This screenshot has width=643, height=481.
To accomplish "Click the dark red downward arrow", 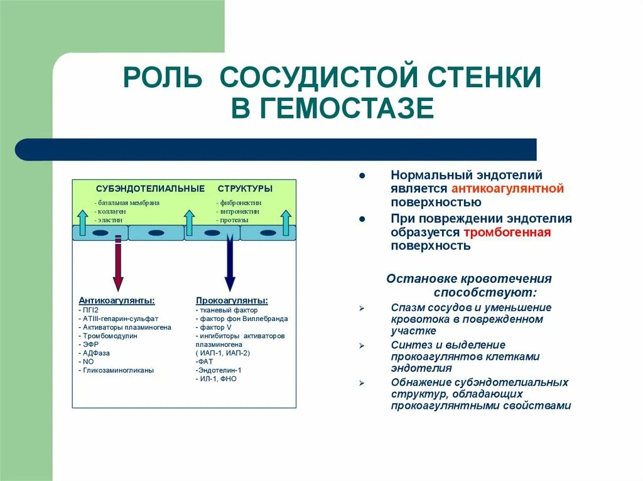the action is tap(118, 263).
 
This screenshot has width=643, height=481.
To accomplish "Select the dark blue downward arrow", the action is tap(229, 263).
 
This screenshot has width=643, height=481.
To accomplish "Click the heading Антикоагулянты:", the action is tap(117, 300).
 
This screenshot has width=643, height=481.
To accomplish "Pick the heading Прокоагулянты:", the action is tap(232, 300).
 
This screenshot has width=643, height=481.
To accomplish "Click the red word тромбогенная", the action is tap(507, 233).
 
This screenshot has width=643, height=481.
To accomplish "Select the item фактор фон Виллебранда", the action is tap(242, 319).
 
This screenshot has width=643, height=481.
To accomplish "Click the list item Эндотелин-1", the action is tap(219, 370).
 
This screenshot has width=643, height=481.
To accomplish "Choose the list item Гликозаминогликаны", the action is tap(117, 370).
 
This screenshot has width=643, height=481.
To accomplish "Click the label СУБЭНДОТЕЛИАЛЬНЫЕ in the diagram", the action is tap(150, 188).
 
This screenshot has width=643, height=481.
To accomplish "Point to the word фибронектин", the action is tap(239, 203).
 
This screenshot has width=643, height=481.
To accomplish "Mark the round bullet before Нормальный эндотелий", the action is tap(362, 176).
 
